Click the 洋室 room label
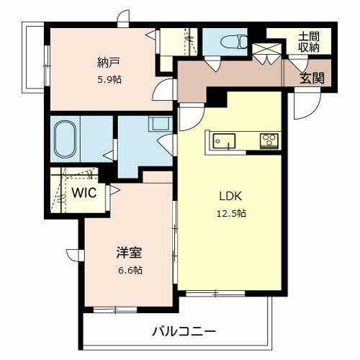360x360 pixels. pyautogui.click(x=130, y=253)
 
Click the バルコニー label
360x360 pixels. pyautogui.click(x=184, y=332)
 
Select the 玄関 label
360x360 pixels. pyautogui.click(x=311, y=78)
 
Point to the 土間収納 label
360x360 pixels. pyautogui.click(x=310, y=42)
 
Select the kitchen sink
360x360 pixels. pyautogui.click(x=224, y=141)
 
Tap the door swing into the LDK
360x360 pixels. pyautogui.click(x=190, y=115)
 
